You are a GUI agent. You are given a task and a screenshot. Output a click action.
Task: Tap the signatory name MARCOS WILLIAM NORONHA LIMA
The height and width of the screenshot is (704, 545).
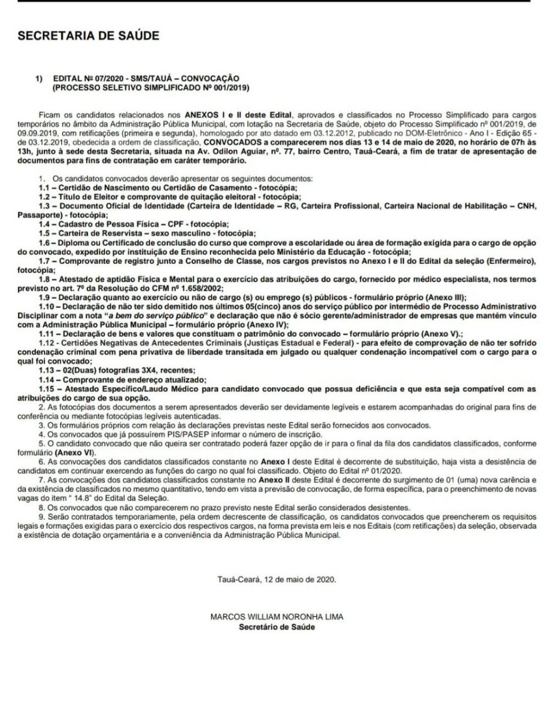pyautogui.click(x=276, y=617)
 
